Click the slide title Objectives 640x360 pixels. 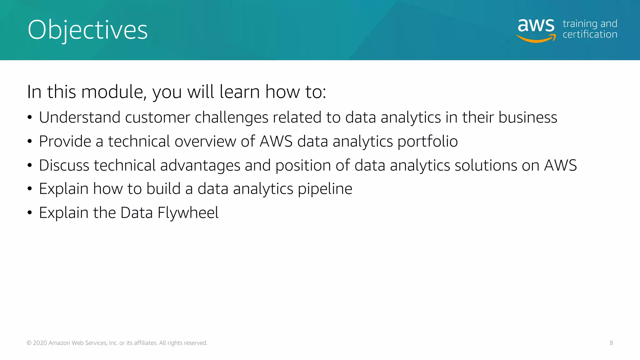point(87,30)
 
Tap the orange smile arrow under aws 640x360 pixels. point(536,39)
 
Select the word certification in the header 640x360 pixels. point(590,34)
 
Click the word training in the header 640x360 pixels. point(580,24)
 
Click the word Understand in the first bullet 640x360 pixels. point(79,117)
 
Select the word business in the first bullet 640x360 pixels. point(527,117)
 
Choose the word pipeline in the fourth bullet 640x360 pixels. point(325,189)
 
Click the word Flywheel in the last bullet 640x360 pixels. point(188,213)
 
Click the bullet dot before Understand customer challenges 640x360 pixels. point(30,118)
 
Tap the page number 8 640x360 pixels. point(611,343)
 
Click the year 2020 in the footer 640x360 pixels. point(40,343)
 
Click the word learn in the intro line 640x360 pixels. point(240,92)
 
